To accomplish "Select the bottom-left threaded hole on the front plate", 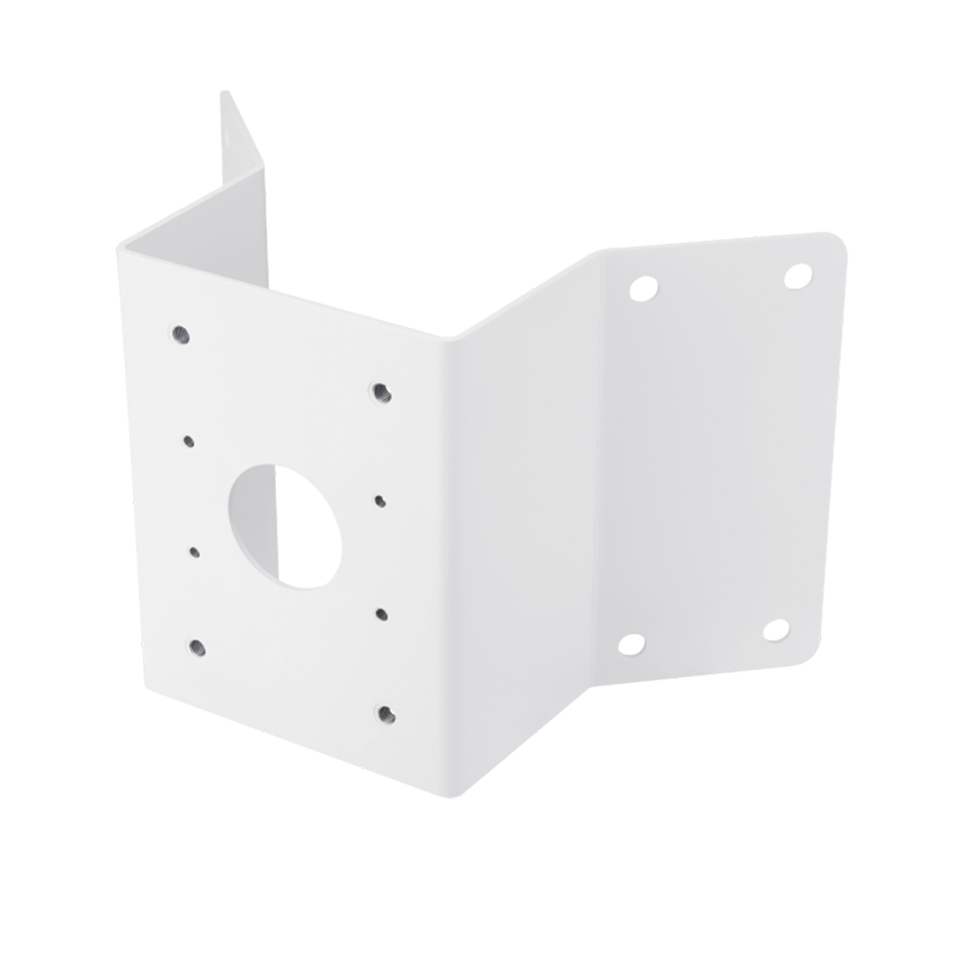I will (197, 646).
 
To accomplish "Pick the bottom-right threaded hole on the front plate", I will (383, 714).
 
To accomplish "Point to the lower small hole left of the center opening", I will (194, 553).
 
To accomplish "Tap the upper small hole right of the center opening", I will (380, 500).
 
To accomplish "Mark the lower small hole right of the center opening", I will (381, 614).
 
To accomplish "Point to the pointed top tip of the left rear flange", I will (223, 91).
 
